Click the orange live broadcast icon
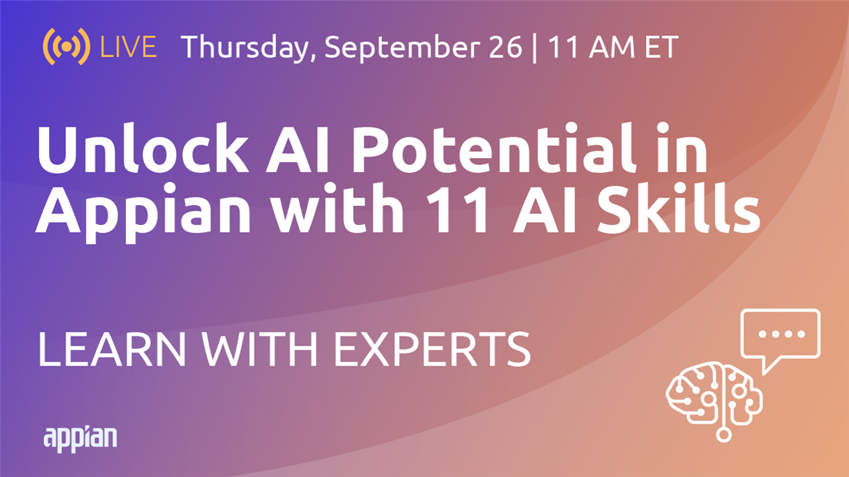click(x=67, y=47)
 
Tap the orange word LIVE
click(x=128, y=47)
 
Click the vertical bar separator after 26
click(x=535, y=48)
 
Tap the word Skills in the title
click(x=679, y=207)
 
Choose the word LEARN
click(x=111, y=349)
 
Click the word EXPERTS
click(x=432, y=349)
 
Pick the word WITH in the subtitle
click(x=260, y=349)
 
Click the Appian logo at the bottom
click(x=80, y=439)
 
